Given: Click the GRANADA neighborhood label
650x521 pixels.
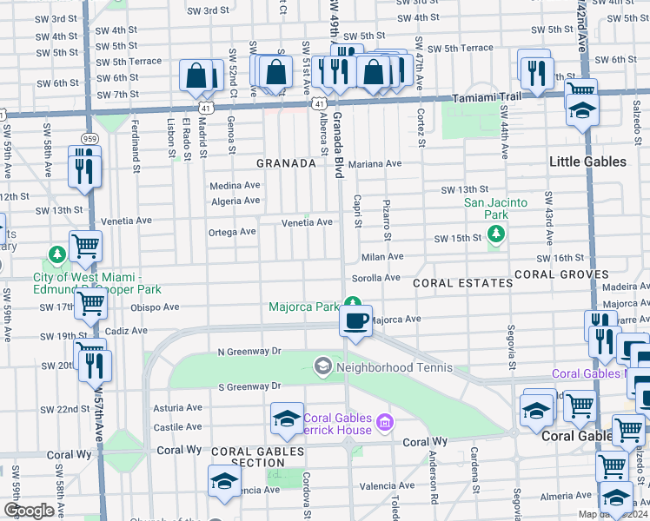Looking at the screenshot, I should pyautogui.click(x=284, y=162).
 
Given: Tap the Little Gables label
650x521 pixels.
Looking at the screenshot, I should pyautogui.click(x=587, y=162).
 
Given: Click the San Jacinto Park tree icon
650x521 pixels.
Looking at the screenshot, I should pyautogui.click(x=496, y=234).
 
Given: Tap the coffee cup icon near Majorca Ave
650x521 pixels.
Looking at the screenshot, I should pyautogui.click(x=355, y=322).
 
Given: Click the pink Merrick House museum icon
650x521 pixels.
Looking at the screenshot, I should pyautogui.click(x=385, y=423).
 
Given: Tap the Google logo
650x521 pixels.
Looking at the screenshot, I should pyautogui.click(x=29, y=511).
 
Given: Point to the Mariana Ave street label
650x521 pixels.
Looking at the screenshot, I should pyautogui.click(x=375, y=163).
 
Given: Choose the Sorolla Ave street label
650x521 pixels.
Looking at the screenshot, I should pyautogui.click(x=375, y=278).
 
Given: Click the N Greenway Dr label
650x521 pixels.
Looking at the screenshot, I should pyautogui.click(x=249, y=352).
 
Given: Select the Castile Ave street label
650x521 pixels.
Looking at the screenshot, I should pyautogui.click(x=177, y=427).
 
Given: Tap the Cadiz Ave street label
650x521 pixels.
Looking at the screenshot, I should pyautogui.click(x=126, y=331).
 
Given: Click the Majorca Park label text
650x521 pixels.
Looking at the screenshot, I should pyautogui.click(x=303, y=307).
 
